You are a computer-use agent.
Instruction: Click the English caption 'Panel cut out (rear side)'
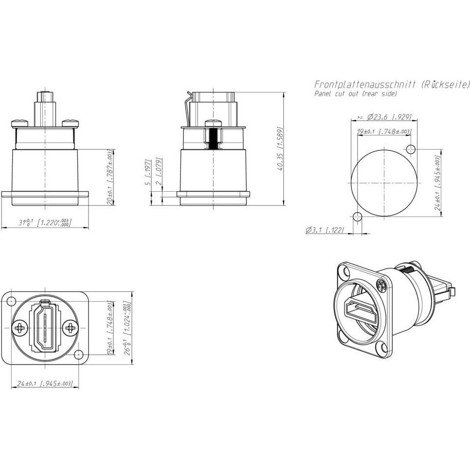[355, 93]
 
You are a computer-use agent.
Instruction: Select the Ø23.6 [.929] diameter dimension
[384, 117]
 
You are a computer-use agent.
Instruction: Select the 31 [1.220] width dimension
[45, 223]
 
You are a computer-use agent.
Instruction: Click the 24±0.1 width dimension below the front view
[45, 384]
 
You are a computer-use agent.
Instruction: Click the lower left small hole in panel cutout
[357, 217]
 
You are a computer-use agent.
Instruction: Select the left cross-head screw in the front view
[20, 328]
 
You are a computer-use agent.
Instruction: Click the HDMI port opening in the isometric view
[358, 310]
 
